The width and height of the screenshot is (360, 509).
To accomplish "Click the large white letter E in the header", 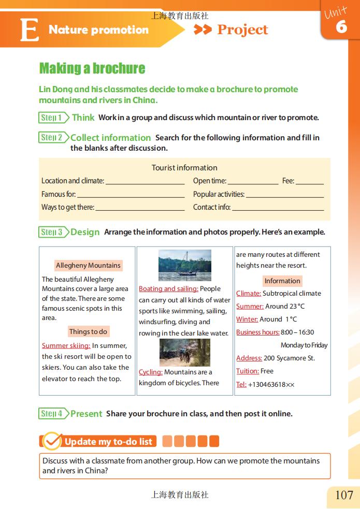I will tap(29, 30).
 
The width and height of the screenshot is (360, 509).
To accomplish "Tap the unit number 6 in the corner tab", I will tap(341, 27).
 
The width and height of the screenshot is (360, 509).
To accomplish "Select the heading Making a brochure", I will tap(92, 68).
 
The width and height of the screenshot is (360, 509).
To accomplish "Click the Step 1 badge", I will tap(52, 118).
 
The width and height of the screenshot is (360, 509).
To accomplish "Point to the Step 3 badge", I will tap(52, 232).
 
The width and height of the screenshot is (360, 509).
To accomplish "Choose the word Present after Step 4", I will tap(86, 414).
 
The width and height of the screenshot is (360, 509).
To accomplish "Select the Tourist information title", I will tap(184, 168).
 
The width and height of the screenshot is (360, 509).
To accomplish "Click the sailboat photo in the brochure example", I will tap(184, 265).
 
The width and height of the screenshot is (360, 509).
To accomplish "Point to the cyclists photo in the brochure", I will tap(184, 352).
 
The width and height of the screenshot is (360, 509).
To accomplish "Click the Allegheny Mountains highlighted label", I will tap(88, 266).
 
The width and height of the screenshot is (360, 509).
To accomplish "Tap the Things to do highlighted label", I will tap(88, 332).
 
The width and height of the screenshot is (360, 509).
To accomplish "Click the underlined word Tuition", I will tap(247, 371).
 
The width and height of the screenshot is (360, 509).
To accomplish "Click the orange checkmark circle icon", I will tap(52, 441).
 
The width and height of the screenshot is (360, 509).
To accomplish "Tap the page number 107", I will tap(344, 495).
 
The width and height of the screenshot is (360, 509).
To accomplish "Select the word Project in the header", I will tap(242, 30).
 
